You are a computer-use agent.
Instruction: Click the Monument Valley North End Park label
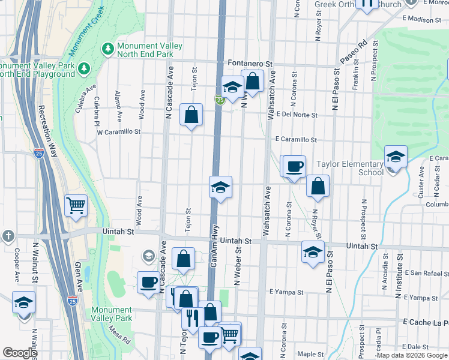point(145,50)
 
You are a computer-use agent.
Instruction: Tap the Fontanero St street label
point(251,63)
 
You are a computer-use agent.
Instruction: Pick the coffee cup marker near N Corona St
point(294,167)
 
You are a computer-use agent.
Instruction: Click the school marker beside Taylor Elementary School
point(396,158)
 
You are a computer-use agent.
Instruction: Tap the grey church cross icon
point(8,236)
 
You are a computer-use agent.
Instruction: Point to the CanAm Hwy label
point(214,246)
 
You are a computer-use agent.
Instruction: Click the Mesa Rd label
point(119,335)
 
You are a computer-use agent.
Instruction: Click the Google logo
point(20,353)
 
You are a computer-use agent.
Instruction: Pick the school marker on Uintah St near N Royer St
point(313,252)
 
